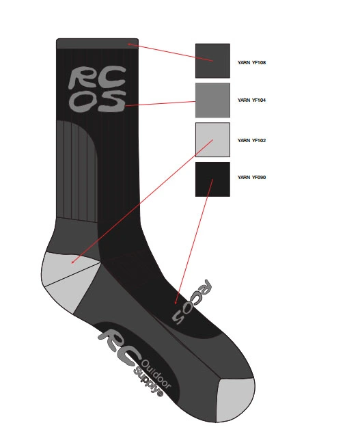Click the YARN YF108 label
(x=251, y=62)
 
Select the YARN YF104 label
(x=251, y=100)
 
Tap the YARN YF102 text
(x=251, y=140)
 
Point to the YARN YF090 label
(x=251, y=177)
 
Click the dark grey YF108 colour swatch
(x=212, y=61)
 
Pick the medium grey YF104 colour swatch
(x=212, y=100)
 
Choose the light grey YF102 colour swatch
(x=212, y=139)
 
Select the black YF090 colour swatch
(x=212, y=179)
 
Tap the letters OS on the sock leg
(x=97, y=101)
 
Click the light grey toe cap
(x=235, y=400)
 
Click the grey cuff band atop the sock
(x=98, y=44)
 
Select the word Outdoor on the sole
(x=156, y=375)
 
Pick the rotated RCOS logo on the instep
(x=192, y=301)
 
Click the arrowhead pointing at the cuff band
(x=129, y=44)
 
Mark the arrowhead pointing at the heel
(x=72, y=262)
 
